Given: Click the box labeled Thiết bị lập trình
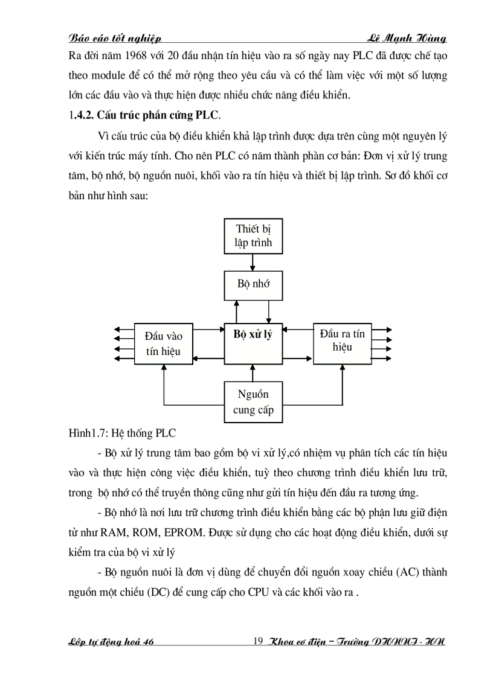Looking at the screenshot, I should point(253,236).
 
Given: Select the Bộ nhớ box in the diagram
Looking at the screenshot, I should point(253,284).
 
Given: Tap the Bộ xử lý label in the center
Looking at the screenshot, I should point(253,334).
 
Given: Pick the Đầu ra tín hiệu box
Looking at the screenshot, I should point(342,342).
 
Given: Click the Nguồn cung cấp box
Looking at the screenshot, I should point(253,402).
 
